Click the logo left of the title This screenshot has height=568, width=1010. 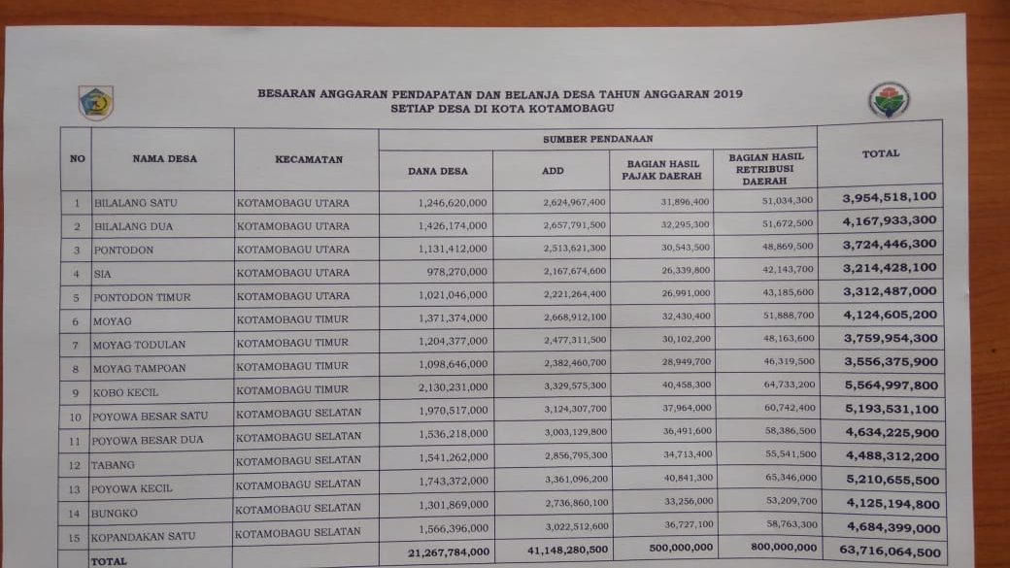coord(95,103)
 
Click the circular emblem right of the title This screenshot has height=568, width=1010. coord(889,100)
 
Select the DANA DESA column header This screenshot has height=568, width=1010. coord(437,171)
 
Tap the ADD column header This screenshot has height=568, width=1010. coord(552,171)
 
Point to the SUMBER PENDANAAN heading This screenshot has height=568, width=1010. coord(597,139)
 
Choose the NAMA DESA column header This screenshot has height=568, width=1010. coord(164,158)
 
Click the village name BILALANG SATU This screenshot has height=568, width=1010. coord(135,204)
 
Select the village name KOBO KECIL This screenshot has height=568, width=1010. coord(125,393)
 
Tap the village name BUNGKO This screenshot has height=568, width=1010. coord(114,512)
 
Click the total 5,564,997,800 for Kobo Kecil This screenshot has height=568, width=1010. coord(891,384)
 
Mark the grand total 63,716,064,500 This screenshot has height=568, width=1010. coord(890,552)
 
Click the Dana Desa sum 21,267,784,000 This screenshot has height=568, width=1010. coord(441,551)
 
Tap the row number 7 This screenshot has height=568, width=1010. coord(75,345)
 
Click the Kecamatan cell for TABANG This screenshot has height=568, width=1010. coord(298,459)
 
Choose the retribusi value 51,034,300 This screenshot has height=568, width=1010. coord(787,200)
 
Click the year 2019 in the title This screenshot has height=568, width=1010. coord(726,94)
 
